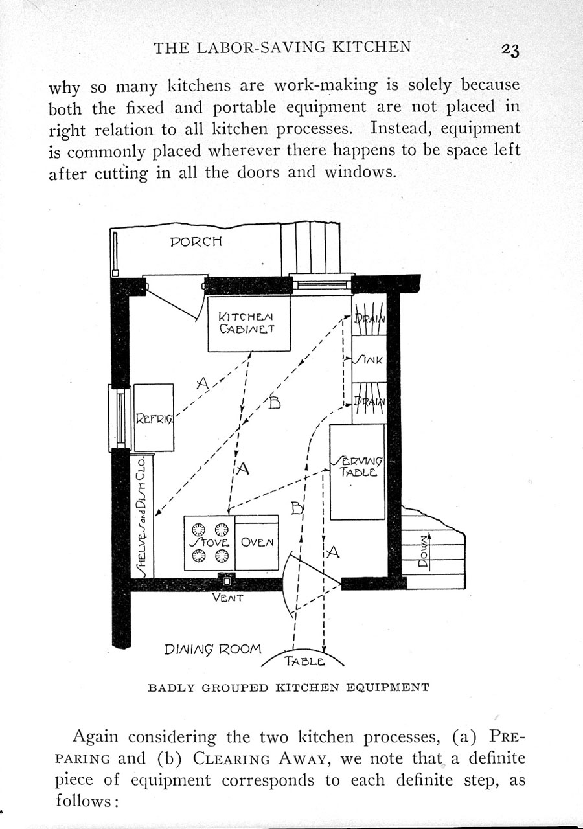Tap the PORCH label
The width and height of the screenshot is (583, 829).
[x=196, y=242]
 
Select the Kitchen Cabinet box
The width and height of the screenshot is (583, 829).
[x=247, y=324]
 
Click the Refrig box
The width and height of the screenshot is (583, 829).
[x=154, y=418]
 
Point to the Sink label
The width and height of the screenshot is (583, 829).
[x=370, y=359]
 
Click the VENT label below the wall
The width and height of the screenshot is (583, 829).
[x=227, y=598]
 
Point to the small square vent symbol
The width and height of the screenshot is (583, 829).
[x=226, y=581]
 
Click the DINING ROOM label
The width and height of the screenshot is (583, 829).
[x=213, y=648]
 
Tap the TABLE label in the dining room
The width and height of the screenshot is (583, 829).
[x=303, y=661]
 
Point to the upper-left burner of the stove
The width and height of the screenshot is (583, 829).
[x=198, y=528]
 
